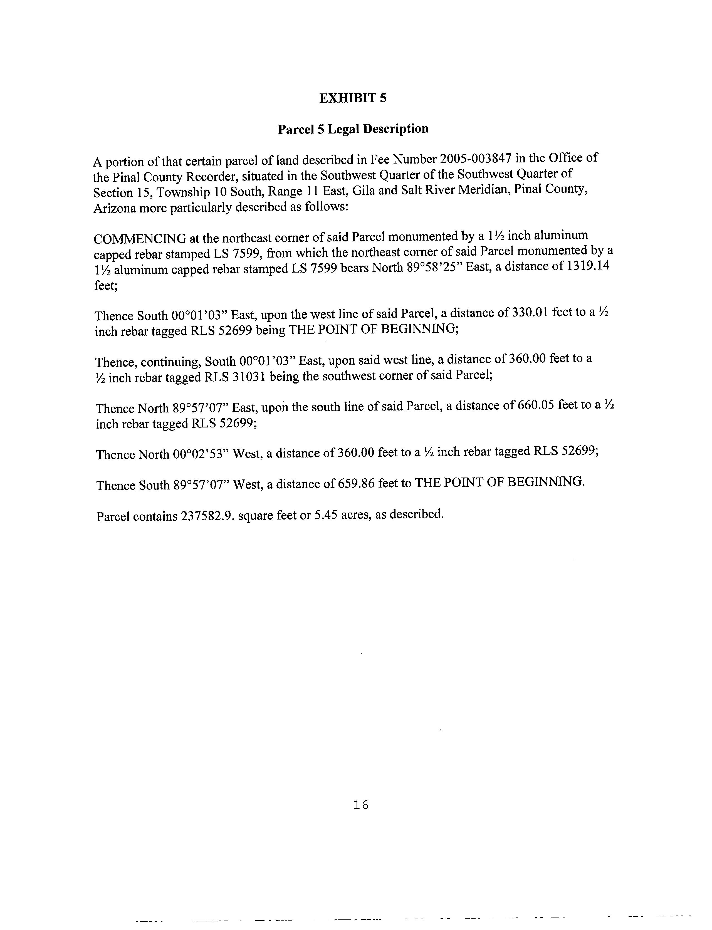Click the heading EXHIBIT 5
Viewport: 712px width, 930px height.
click(x=353, y=98)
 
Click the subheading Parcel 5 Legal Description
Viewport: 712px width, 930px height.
click(x=353, y=129)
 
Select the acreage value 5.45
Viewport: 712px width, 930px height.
click(x=325, y=515)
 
